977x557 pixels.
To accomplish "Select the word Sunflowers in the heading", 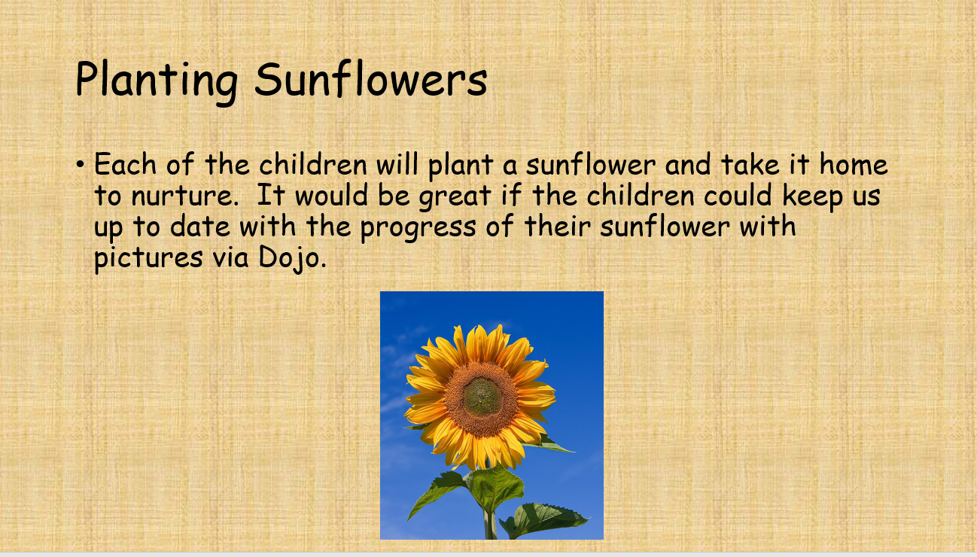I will click(370, 80).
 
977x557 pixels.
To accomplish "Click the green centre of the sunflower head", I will click(481, 396).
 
